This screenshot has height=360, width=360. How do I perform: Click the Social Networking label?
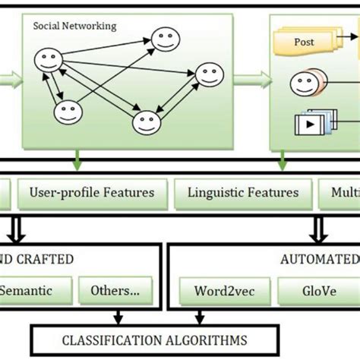point(74,26)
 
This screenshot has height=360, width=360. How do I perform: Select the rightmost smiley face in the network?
point(207,74)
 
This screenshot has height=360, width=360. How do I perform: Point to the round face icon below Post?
point(303,82)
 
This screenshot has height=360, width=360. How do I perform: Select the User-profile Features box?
point(92,192)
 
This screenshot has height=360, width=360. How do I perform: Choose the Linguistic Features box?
point(243,192)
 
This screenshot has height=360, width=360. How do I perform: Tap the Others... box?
point(115,290)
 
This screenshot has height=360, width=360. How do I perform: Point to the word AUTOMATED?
point(319,259)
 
